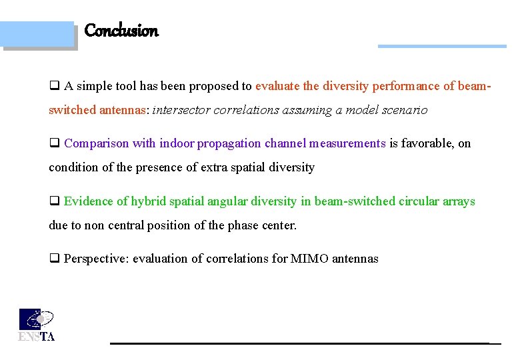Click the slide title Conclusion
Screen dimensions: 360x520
coord(121,31)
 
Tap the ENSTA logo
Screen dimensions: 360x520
coord(36,325)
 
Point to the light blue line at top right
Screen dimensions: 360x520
coord(441,47)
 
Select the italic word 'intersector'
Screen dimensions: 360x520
coord(181,110)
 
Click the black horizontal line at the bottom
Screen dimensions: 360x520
coord(300,343)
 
